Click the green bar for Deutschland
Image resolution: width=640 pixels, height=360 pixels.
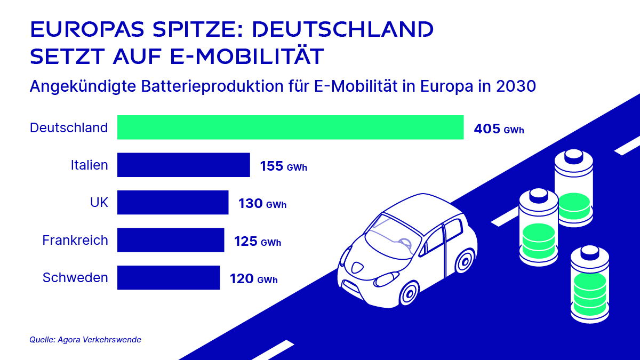290,127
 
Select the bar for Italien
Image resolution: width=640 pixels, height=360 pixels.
183,165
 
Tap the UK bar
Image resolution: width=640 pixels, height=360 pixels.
173,203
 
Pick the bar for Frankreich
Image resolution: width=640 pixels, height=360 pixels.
171,240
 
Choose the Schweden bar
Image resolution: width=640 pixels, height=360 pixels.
169,277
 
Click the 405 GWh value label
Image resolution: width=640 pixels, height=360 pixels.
499,129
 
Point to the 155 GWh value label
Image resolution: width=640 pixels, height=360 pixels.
283,166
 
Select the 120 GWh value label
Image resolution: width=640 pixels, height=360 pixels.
253,278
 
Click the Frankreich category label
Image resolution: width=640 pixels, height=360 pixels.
75,240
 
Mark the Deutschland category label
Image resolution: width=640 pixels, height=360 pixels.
69,128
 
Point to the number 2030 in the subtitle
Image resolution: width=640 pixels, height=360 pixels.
513,85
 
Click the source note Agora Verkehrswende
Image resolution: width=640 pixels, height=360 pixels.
85,339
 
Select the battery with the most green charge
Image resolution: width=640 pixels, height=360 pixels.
589,288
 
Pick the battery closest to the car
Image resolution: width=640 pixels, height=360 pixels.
539,227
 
